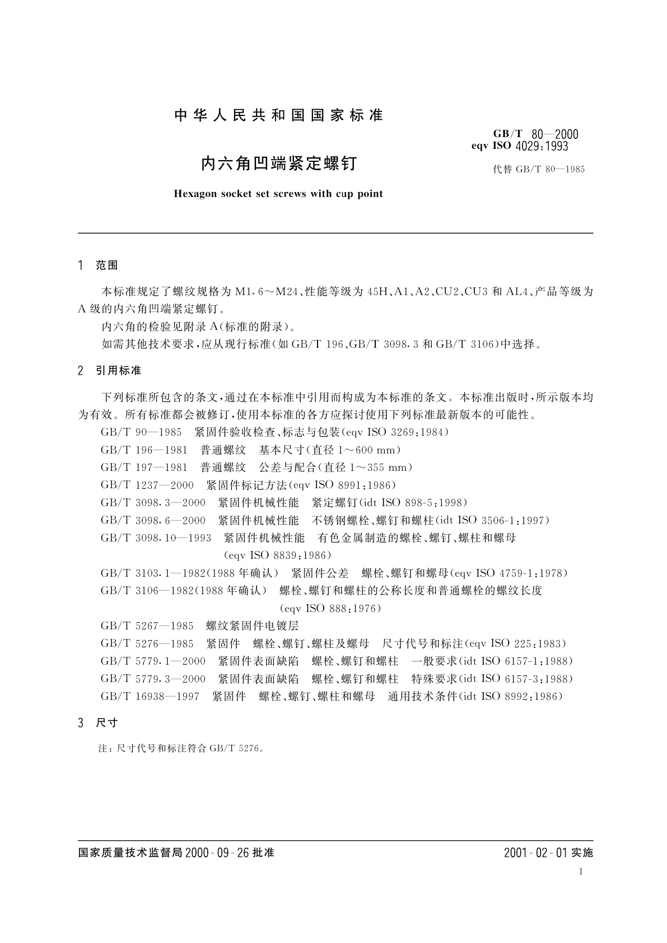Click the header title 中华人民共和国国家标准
point(278,115)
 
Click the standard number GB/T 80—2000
point(535,134)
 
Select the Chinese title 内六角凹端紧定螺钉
point(278,164)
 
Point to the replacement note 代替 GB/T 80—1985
point(538,169)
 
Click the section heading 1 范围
point(99,265)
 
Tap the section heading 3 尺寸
point(99,722)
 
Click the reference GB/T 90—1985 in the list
point(141,432)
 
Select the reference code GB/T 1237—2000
point(147,485)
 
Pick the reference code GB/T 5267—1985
point(147,625)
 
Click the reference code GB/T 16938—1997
point(150,696)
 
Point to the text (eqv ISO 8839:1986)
point(277,555)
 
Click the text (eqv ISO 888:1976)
point(330,608)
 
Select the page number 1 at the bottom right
point(581,871)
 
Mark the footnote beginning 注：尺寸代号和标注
point(181,748)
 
